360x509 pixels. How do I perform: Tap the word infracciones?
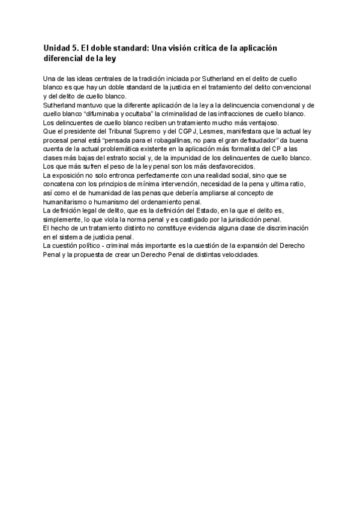point(230,114)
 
